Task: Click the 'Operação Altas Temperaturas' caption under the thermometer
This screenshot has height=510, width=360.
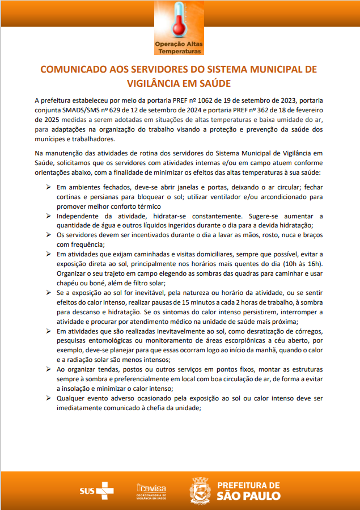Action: click(180, 48)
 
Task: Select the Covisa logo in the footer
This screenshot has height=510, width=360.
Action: click(151, 489)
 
